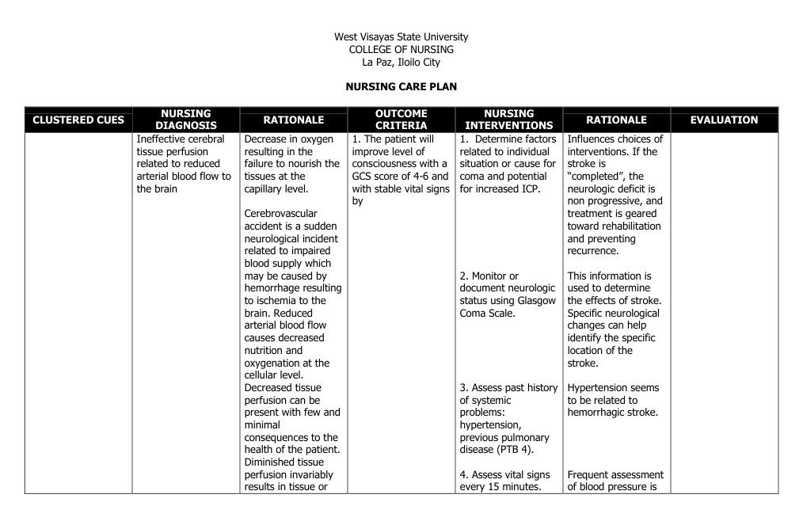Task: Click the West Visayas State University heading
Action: point(401,36)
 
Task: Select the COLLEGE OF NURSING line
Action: point(401,49)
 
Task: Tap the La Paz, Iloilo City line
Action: point(401,62)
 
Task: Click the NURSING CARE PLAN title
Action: point(401,86)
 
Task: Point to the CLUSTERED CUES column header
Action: point(78,120)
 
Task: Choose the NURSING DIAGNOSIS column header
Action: point(186,120)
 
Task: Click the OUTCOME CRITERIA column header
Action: point(401,120)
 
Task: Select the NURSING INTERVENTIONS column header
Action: point(508,120)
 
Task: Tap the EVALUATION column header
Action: point(724,120)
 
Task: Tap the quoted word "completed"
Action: point(594,177)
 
